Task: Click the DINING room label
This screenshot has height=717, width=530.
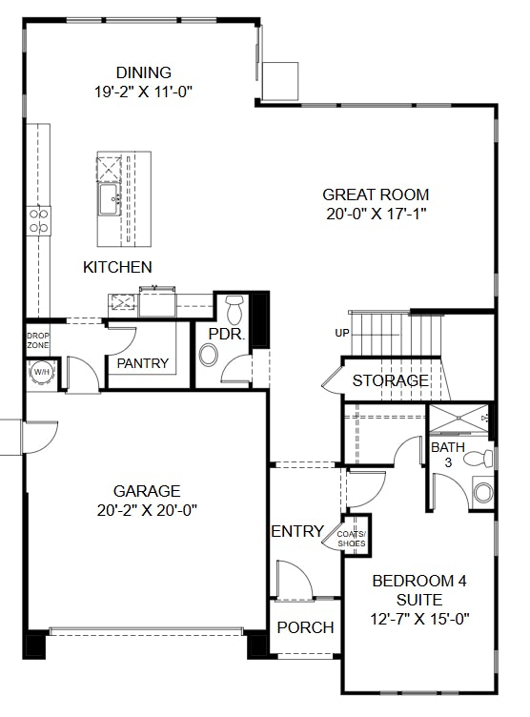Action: point(143,72)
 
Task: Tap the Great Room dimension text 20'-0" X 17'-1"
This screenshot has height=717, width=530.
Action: point(375,215)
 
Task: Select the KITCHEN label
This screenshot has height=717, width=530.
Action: point(117,267)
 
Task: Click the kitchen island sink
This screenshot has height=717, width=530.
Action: point(109,201)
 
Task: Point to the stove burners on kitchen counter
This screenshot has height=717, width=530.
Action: point(39,221)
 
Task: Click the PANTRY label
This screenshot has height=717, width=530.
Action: point(142,363)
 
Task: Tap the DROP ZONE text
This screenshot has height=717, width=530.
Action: point(37,340)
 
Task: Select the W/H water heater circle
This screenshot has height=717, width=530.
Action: point(42,372)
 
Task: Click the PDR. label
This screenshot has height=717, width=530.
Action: point(227,335)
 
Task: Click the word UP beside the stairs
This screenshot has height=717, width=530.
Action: point(341,333)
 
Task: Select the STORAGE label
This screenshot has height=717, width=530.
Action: point(390,380)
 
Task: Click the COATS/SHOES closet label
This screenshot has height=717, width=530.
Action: point(350,539)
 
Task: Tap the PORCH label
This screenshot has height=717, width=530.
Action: point(305,627)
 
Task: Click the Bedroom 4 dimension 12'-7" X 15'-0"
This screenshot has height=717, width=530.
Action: point(419,618)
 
